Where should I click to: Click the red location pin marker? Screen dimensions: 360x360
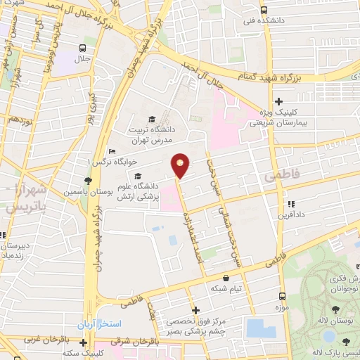(181, 165)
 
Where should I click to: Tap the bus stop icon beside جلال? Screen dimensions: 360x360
(83, 49)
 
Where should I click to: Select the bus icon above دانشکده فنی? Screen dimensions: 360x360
(263, 11)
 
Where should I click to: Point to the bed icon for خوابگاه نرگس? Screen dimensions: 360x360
(111, 152)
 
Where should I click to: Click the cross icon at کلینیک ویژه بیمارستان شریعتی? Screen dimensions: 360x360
(279, 101)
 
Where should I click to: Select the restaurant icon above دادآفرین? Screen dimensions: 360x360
(290, 204)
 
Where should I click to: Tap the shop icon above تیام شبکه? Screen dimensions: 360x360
(225, 278)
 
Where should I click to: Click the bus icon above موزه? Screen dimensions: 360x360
(282, 297)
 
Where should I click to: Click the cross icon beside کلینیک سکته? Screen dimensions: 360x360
(83, 343)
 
